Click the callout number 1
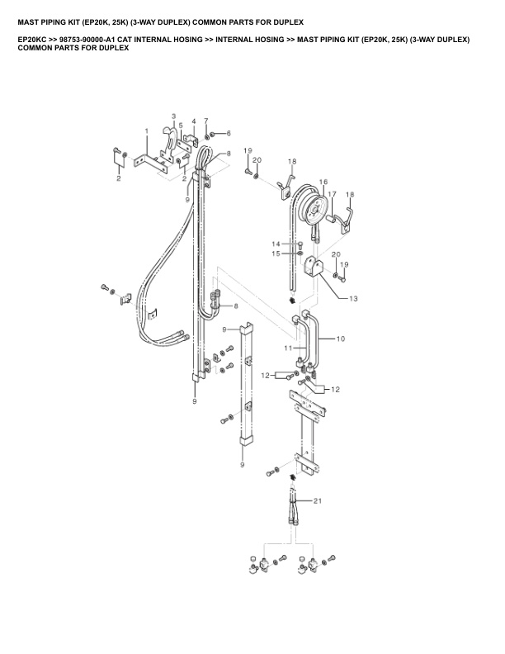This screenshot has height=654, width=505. (x=146, y=131)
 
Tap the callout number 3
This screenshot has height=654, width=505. (x=173, y=116)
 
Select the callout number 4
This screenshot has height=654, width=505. (x=194, y=122)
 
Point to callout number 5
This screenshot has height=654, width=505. (x=181, y=126)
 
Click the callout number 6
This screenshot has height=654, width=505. (x=229, y=133)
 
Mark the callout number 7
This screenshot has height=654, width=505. (x=206, y=121)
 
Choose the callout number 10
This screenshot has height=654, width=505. (x=341, y=338)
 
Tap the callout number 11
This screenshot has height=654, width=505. (x=287, y=348)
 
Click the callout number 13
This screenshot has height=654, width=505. (x=354, y=297)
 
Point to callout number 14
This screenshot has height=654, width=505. (x=277, y=244)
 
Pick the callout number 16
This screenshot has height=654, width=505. (x=323, y=182)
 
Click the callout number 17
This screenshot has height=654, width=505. (x=333, y=194)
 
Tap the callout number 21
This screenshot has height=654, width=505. (x=318, y=500)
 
